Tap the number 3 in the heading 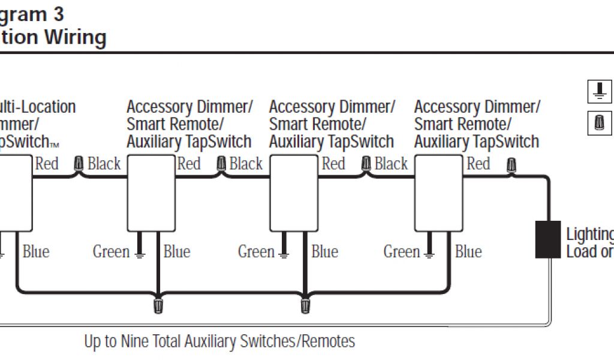click(x=58, y=13)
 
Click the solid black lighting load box click(x=547, y=239)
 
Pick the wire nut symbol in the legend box click(x=598, y=124)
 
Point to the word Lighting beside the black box click(x=589, y=234)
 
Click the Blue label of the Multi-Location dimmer click(x=36, y=251)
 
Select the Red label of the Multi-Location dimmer click(x=47, y=163)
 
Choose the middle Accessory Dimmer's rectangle click(x=294, y=193)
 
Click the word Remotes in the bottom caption click(x=328, y=341)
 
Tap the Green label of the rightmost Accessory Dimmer click(x=401, y=251)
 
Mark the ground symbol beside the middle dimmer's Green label click(x=284, y=254)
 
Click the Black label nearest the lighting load click(x=391, y=163)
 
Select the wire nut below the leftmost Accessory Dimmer click(x=158, y=305)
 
